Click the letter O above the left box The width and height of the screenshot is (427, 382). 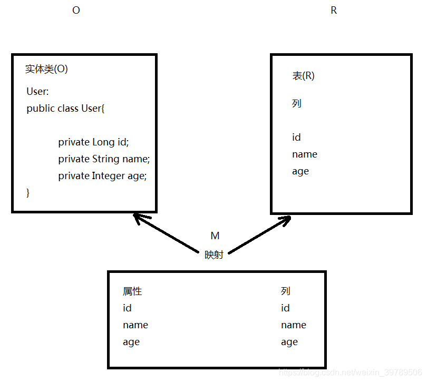point(76,11)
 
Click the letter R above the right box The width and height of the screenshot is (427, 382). point(333,11)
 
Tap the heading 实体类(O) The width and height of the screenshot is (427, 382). point(46,69)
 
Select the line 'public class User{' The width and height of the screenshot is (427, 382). point(66,109)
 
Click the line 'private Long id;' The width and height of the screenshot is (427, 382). point(93,142)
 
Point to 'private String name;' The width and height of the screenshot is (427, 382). point(104,159)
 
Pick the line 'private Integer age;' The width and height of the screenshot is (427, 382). point(102,176)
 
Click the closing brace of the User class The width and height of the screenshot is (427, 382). point(28,193)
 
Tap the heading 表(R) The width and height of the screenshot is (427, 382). point(303,76)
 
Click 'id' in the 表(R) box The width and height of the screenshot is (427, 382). point(296,138)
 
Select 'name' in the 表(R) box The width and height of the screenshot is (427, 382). point(304,154)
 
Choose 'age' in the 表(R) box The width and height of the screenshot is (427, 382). point(300,171)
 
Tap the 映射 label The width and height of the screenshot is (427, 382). point(214,255)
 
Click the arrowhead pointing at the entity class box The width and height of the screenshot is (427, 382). point(140,218)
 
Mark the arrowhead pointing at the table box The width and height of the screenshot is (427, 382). point(285,219)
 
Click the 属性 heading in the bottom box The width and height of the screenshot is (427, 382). point(132,291)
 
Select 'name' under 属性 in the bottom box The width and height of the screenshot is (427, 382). point(135,325)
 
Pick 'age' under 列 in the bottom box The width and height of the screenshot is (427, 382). point(289,342)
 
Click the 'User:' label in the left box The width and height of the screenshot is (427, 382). point(37,92)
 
